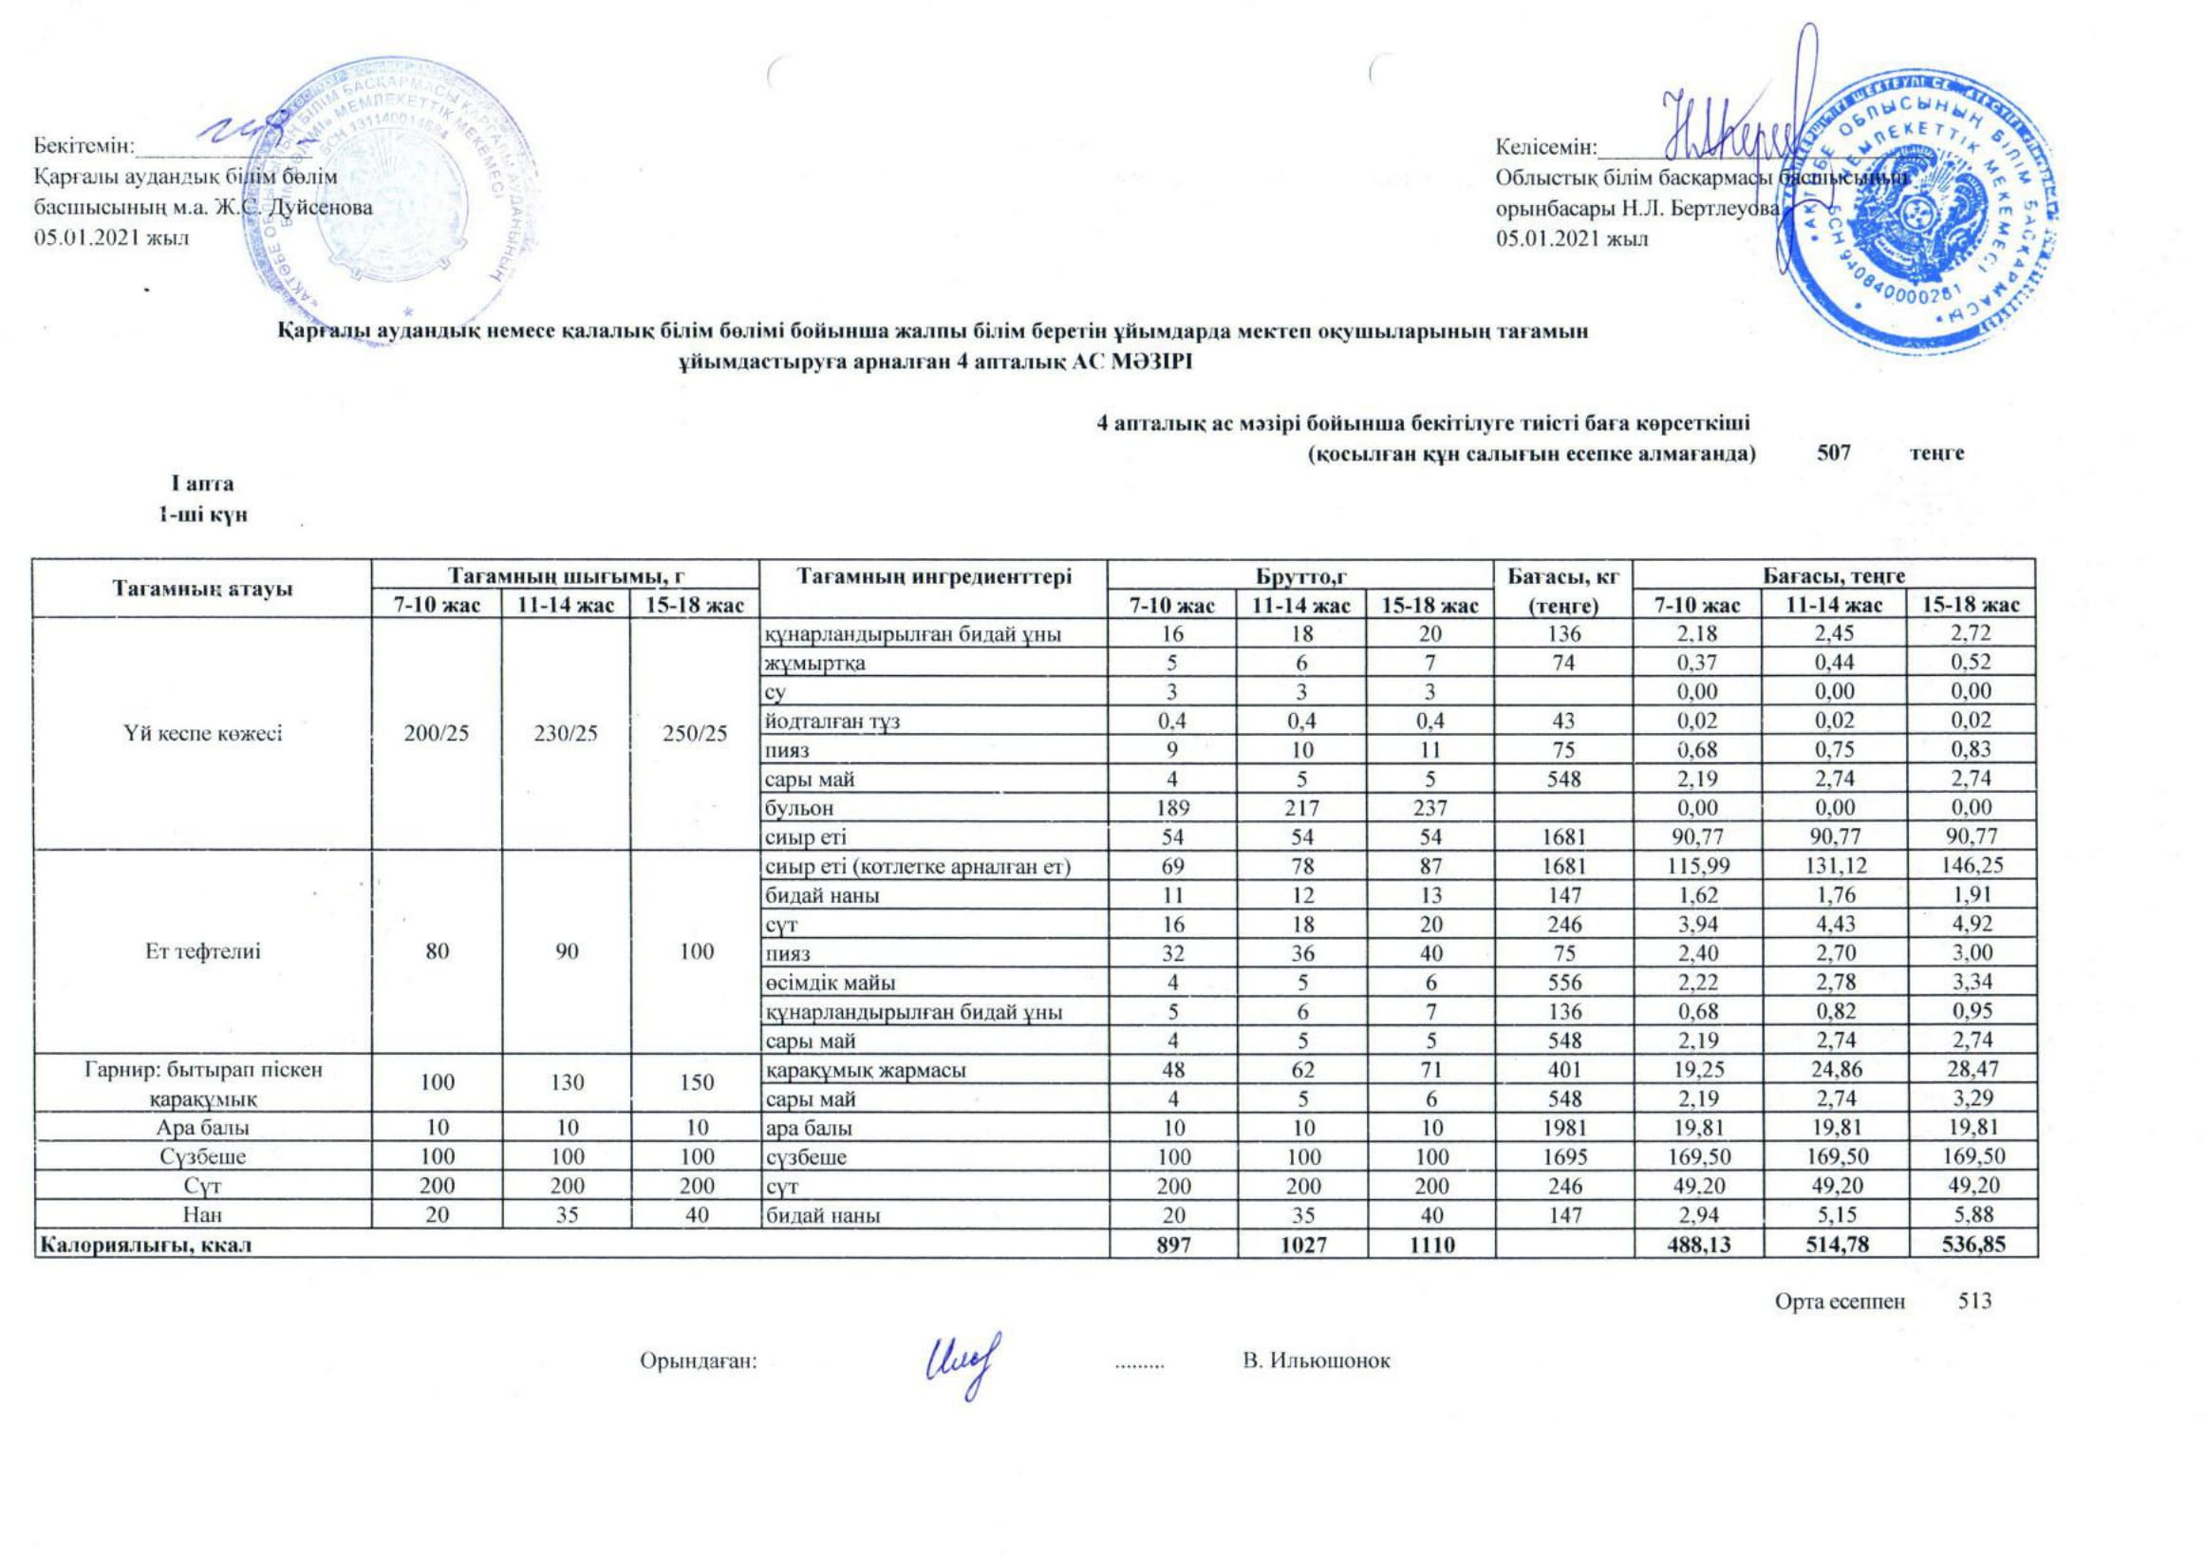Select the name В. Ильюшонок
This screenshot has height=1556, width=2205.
(x=1316, y=1361)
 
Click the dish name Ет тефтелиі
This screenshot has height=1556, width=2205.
(x=202, y=952)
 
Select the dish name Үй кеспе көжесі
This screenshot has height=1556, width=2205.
(x=202, y=734)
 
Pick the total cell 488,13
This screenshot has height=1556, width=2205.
(x=1697, y=1245)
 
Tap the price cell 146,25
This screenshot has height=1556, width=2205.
(x=1968, y=866)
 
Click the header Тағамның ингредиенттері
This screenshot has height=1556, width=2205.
(x=932, y=576)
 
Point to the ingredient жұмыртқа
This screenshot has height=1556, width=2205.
(x=815, y=662)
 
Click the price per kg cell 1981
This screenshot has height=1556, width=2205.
(x=1564, y=1128)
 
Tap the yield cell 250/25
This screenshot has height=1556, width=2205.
(x=696, y=734)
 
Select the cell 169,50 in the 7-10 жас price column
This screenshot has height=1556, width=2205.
(x=1697, y=1156)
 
